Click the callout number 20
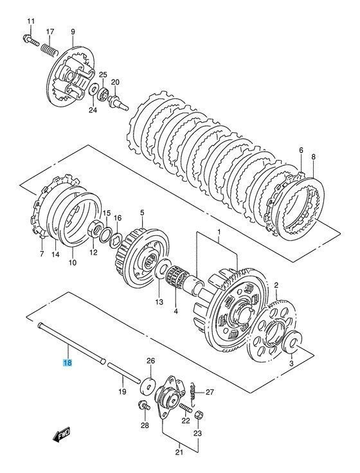116,82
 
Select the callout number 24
92,110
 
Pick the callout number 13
158,301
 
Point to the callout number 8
314,156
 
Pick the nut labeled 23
198,413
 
